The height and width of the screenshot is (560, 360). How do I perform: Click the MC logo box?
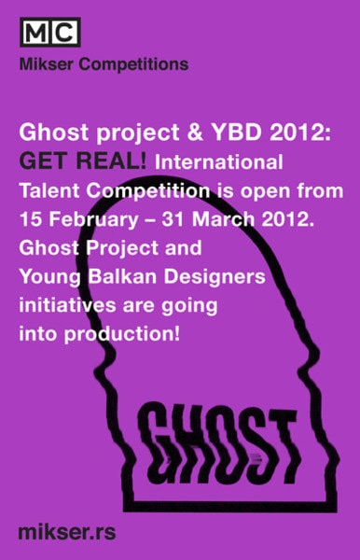click(x=49, y=33)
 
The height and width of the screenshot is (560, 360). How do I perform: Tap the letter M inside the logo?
click(x=35, y=33)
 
